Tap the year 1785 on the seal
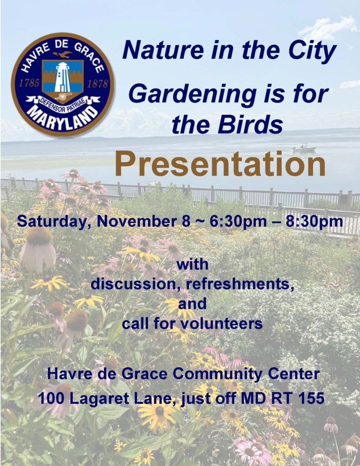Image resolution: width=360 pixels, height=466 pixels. click(x=29, y=84)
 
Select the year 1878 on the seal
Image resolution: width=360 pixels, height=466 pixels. click(x=97, y=84)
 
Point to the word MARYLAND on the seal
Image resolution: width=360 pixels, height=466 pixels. click(x=62, y=118)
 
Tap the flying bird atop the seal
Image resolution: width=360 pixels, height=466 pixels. click(x=62, y=54)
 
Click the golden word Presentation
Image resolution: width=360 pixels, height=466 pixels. click(x=220, y=164)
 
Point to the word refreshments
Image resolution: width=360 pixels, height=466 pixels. click(x=238, y=284)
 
